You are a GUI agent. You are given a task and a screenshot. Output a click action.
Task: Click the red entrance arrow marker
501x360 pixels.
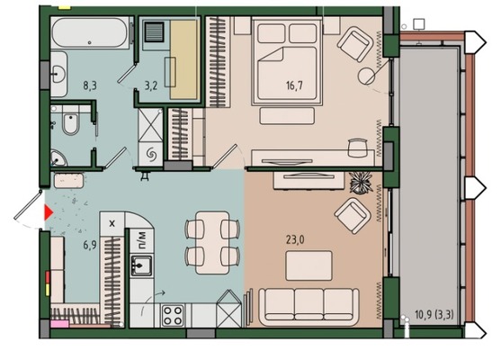(x=48, y=213)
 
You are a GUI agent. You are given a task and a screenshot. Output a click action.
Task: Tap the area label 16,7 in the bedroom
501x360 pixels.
(x=294, y=85)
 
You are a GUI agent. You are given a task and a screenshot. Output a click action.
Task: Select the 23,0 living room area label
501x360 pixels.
(x=295, y=239)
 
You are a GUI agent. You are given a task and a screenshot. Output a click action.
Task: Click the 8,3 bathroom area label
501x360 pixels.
(x=90, y=85)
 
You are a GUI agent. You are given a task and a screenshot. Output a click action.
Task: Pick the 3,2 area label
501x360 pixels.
(x=151, y=85)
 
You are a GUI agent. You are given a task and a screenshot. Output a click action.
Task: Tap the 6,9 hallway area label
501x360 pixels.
(x=90, y=245)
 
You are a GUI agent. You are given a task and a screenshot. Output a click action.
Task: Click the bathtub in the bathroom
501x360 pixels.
(x=91, y=32)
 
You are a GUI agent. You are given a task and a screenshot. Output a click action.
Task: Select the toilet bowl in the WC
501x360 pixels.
(x=71, y=123)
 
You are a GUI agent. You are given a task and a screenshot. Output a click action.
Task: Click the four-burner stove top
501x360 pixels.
(x=173, y=315)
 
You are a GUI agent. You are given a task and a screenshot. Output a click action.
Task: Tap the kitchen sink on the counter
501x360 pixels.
(x=141, y=265)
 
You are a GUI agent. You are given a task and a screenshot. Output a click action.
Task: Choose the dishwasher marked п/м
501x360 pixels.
(x=142, y=240)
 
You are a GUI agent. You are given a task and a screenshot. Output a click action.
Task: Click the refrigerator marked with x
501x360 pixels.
(x=112, y=223)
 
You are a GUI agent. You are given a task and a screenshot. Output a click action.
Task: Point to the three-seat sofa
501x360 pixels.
(x=309, y=306)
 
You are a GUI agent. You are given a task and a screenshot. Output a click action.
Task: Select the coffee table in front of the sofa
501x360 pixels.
(x=309, y=265)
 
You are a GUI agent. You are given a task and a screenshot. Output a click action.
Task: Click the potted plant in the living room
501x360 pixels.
(x=361, y=183)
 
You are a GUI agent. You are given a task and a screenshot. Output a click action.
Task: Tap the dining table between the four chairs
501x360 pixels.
(x=212, y=243)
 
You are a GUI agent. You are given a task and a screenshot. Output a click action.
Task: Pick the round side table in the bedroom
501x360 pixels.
(x=366, y=76)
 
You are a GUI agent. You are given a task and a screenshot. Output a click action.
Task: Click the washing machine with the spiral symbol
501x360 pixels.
(x=150, y=155)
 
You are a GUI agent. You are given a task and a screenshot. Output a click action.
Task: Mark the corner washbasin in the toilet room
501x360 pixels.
(x=58, y=157)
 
